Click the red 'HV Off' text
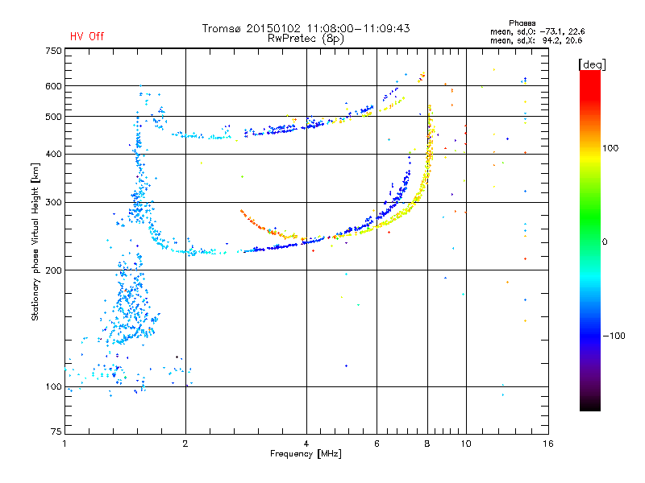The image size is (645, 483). (x=86, y=36)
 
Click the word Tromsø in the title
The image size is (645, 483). (x=223, y=28)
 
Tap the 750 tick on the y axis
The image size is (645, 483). (x=53, y=51)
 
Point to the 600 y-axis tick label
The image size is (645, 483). (x=53, y=86)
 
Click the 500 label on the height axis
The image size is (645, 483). (x=53, y=117)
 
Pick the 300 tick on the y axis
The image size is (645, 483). (x=53, y=203)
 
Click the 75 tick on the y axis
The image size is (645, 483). (x=56, y=432)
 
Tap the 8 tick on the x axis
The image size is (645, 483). (x=427, y=444)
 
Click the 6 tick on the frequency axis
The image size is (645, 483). (x=377, y=444)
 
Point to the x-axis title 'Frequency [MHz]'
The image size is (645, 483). (x=306, y=454)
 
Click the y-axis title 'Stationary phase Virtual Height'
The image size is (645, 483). (x=35, y=242)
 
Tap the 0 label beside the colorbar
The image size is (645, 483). (x=605, y=242)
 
